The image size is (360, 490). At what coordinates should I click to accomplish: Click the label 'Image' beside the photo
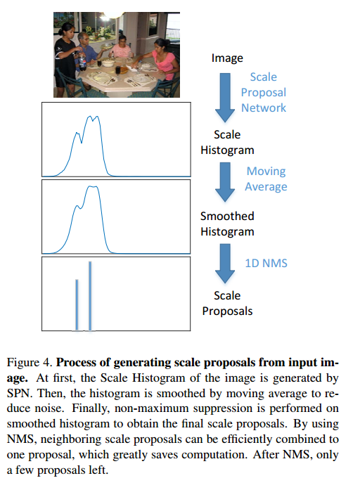point(227,58)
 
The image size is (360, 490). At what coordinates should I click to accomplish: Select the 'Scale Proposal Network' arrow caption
point(263,92)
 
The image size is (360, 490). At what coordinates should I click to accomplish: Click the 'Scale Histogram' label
point(227,142)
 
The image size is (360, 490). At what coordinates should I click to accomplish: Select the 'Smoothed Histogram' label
point(227,224)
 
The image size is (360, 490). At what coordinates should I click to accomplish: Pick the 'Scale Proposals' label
point(227,303)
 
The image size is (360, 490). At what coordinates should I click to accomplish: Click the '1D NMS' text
point(266,263)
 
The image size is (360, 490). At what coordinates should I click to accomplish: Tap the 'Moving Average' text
point(266,179)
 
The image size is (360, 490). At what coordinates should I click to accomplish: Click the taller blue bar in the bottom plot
point(90,295)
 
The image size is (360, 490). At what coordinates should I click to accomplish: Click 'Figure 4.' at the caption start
point(29,363)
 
